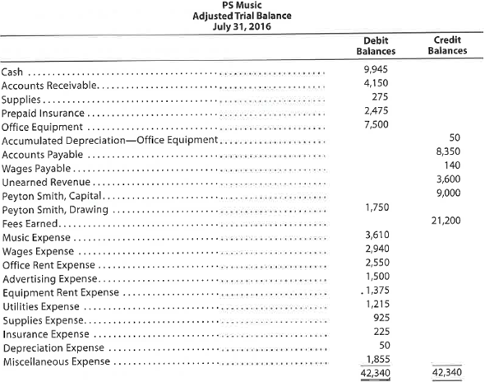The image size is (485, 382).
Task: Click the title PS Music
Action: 242,6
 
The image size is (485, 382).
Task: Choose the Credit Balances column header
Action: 448,44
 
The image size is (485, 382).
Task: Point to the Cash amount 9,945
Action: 375,69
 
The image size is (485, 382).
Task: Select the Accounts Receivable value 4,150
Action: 375,83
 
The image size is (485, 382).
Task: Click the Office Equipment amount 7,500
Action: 375,124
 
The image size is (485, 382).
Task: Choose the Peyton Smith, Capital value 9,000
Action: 448,193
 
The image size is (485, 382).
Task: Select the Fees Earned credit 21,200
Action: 446,221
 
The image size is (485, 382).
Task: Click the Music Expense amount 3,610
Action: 375,236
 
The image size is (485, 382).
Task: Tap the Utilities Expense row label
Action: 38,306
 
